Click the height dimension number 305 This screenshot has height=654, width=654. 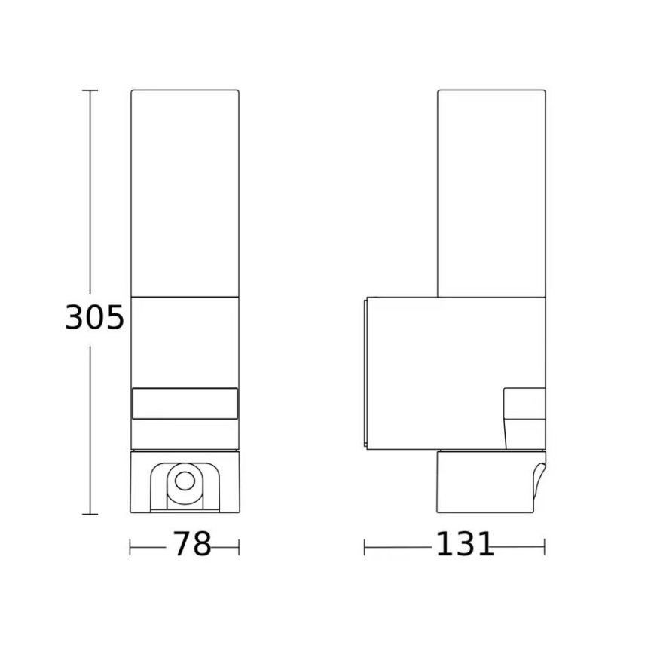94,319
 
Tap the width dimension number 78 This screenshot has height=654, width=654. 192,544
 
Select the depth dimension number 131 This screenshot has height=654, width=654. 465,544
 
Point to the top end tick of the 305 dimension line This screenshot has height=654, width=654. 90,90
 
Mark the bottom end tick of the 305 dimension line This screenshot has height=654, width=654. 90,514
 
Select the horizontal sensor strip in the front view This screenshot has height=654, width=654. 185,403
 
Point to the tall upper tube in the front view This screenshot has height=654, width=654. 185,192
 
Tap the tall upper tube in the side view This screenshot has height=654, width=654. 491,192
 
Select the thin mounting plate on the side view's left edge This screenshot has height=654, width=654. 365,373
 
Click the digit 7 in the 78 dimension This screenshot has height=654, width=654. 182,544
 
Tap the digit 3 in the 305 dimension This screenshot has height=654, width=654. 75,319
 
